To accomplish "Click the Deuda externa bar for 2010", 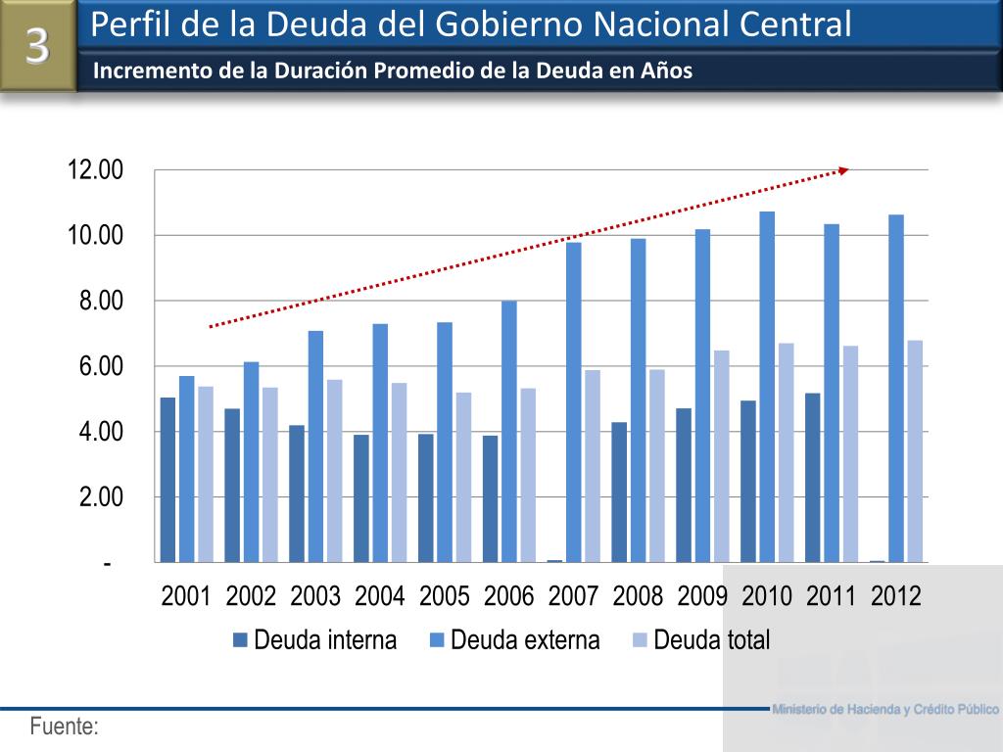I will [767, 387].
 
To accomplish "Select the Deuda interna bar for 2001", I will [167, 480].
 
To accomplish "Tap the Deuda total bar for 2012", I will [915, 451].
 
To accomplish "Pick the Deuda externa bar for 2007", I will [573, 402].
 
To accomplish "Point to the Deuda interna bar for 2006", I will [490, 498].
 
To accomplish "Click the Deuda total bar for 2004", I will [399, 472].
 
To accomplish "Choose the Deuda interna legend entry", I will [314, 640].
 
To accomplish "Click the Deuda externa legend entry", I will [514, 640].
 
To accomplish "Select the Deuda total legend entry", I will [701, 640].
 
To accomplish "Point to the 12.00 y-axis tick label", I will [95, 170].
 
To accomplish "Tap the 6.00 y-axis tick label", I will [102, 366].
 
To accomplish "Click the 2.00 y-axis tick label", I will [102, 496].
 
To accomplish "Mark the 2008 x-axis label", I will [638, 595].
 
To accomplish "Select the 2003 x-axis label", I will [315, 595].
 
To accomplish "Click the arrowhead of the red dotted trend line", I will [843, 170].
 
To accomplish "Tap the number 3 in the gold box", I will [37, 45].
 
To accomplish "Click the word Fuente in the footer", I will [64, 727].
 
